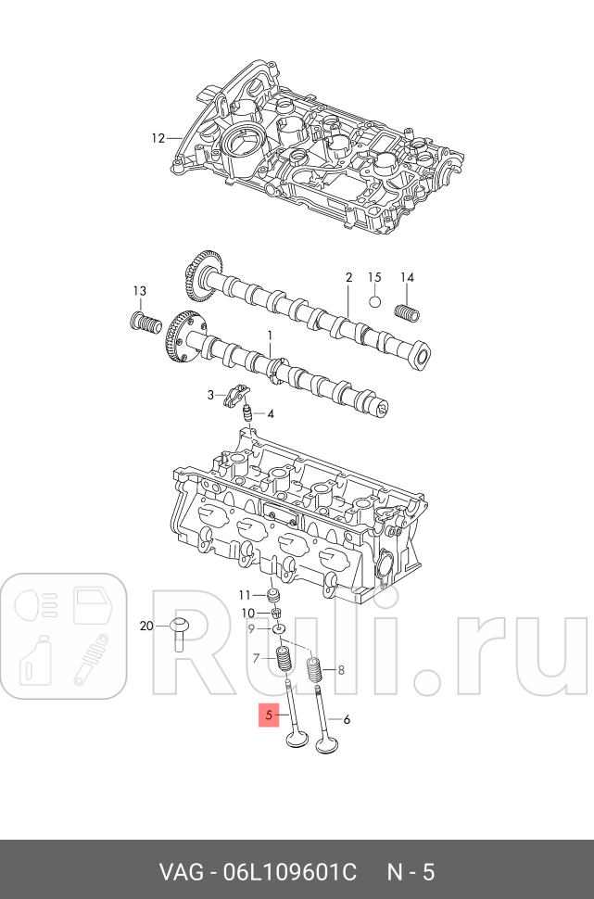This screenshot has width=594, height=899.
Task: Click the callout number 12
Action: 158,138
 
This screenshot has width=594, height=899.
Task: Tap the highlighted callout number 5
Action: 269,715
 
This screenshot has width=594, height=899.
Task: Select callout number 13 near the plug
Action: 139,291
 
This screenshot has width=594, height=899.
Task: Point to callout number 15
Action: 374,277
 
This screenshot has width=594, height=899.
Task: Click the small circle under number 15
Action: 374,301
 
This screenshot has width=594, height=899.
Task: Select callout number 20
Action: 145,627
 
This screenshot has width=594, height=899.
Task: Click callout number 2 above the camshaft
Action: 349,277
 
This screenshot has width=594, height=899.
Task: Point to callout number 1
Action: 270,336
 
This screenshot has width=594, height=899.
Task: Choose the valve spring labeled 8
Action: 314,666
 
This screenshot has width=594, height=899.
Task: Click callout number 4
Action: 270,413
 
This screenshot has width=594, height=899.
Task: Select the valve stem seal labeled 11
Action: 273,594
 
